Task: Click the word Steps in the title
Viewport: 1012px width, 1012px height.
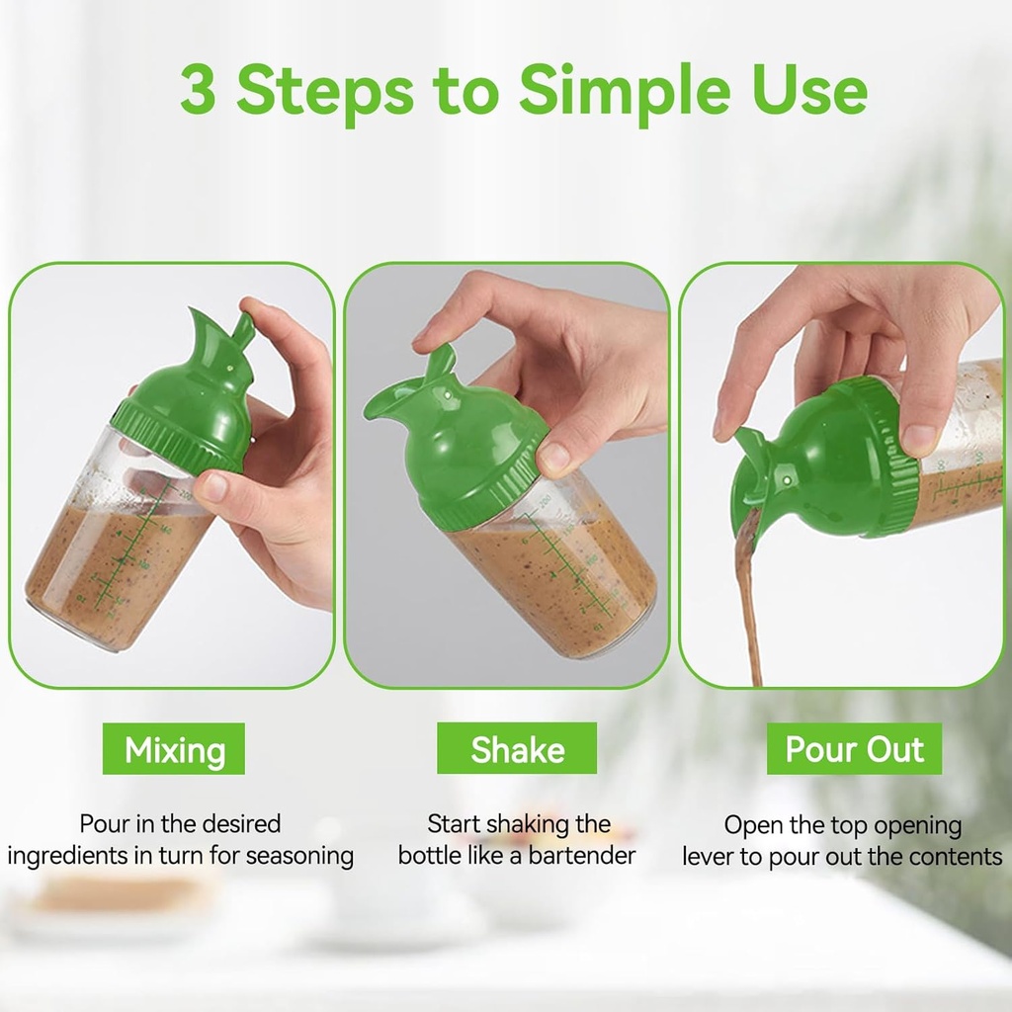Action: click(x=324, y=91)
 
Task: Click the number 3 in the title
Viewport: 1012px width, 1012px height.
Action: click(x=198, y=91)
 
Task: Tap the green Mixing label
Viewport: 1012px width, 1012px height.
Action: click(x=174, y=750)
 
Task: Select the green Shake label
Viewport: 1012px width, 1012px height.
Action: click(x=517, y=749)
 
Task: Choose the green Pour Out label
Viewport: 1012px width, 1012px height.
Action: click(x=854, y=749)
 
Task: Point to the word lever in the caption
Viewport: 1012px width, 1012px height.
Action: click(x=708, y=857)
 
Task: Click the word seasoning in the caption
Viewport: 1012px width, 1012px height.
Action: click(x=299, y=855)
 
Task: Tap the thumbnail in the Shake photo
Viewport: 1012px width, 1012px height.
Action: click(x=553, y=457)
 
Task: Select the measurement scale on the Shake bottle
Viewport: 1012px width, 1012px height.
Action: click(x=563, y=563)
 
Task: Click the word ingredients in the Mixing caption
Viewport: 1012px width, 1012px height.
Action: click(x=67, y=855)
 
